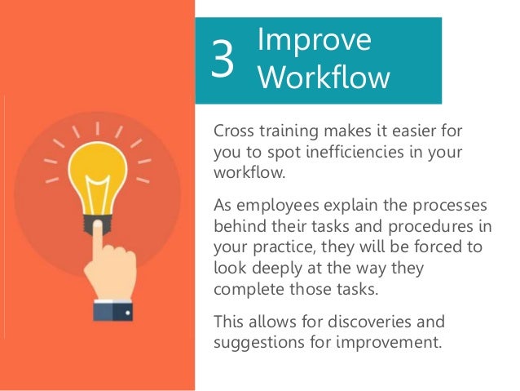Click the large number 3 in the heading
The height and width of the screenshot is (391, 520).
223,59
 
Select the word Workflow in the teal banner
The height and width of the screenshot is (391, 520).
323,78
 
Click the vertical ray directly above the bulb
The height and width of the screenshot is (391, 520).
98,130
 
